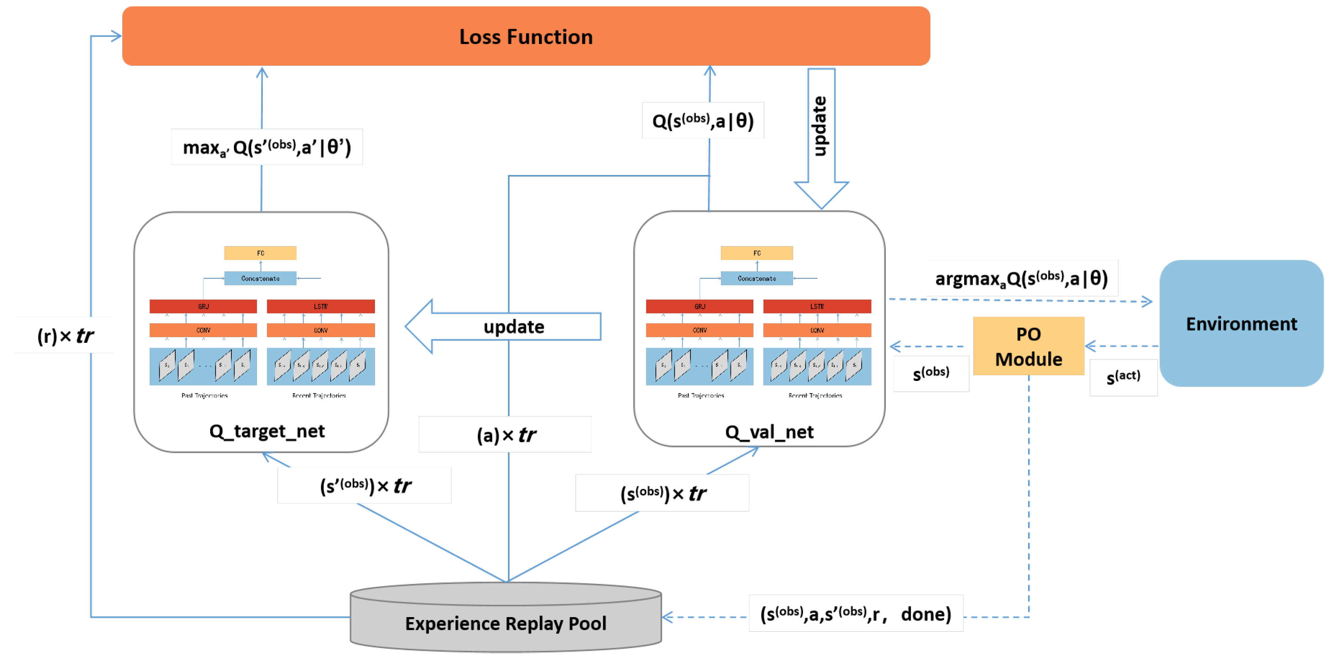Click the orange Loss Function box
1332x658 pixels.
526,36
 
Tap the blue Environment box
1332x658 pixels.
1241,323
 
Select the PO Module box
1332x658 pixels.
1028,346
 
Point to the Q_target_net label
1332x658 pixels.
267,431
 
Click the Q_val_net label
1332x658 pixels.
769,432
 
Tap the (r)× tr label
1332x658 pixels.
65,336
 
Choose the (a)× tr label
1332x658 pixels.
506,435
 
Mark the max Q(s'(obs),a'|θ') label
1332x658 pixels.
267,148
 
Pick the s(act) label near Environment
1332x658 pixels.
1123,377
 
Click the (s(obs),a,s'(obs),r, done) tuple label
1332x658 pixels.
855,614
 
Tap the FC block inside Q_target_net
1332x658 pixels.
260,253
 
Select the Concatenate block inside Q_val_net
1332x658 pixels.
756,278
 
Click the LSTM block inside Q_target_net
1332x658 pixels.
321,306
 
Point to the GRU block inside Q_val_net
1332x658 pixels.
699,306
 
